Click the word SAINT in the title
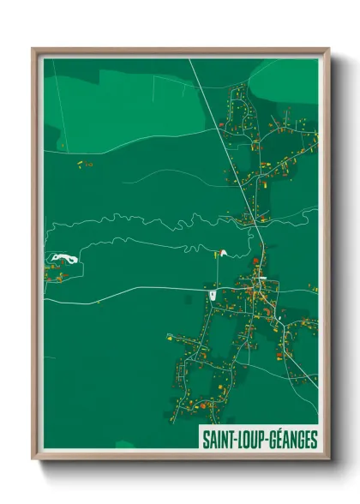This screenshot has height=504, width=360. (216, 440)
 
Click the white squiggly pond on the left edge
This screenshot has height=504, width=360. (61, 256)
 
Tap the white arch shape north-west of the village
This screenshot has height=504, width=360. (222, 253)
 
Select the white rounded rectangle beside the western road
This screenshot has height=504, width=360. (213, 296)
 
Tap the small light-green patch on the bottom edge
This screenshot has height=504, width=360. (125, 444)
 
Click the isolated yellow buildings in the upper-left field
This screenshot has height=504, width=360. (83, 162)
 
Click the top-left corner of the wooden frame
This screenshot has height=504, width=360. (34, 50)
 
